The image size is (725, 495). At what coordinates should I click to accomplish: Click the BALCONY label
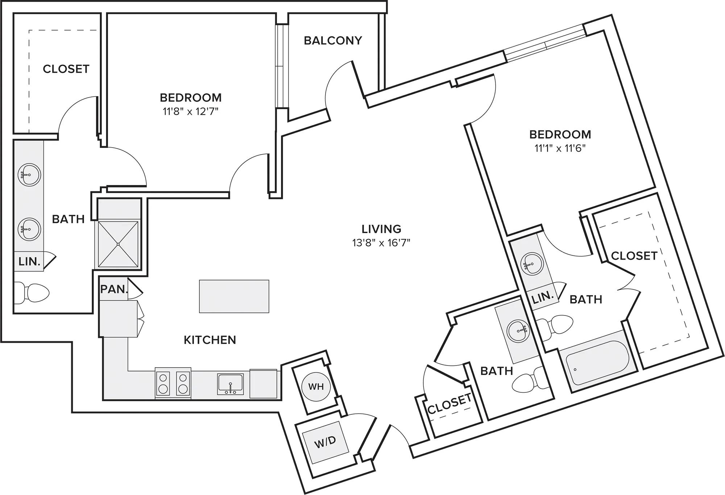click(x=333, y=40)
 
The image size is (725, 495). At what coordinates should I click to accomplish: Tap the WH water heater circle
click(x=316, y=387)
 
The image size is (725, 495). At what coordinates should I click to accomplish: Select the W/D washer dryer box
click(x=325, y=442)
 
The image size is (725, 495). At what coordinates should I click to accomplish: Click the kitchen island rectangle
click(x=234, y=296)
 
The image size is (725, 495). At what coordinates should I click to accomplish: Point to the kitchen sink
click(x=231, y=384)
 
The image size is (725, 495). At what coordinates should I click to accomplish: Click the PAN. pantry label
click(x=114, y=289)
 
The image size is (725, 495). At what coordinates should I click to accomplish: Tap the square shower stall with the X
click(x=118, y=244)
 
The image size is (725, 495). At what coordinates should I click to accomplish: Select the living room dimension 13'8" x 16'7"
click(x=381, y=243)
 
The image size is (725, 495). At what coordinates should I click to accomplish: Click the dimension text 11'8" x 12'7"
click(x=191, y=111)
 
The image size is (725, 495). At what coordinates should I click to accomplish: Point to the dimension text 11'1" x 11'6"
click(x=560, y=148)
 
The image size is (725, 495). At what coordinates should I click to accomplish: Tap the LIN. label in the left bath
click(x=29, y=261)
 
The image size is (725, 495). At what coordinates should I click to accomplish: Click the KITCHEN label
click(x=210, y=340)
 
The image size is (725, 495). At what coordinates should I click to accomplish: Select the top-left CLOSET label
click(x=66, y=69)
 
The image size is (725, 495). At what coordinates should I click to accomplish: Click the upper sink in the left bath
click(x=29, y=175)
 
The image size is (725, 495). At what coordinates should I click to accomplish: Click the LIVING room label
click(x=381, y=229)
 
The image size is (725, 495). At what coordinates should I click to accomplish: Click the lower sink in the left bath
click(x=29, y=229)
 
